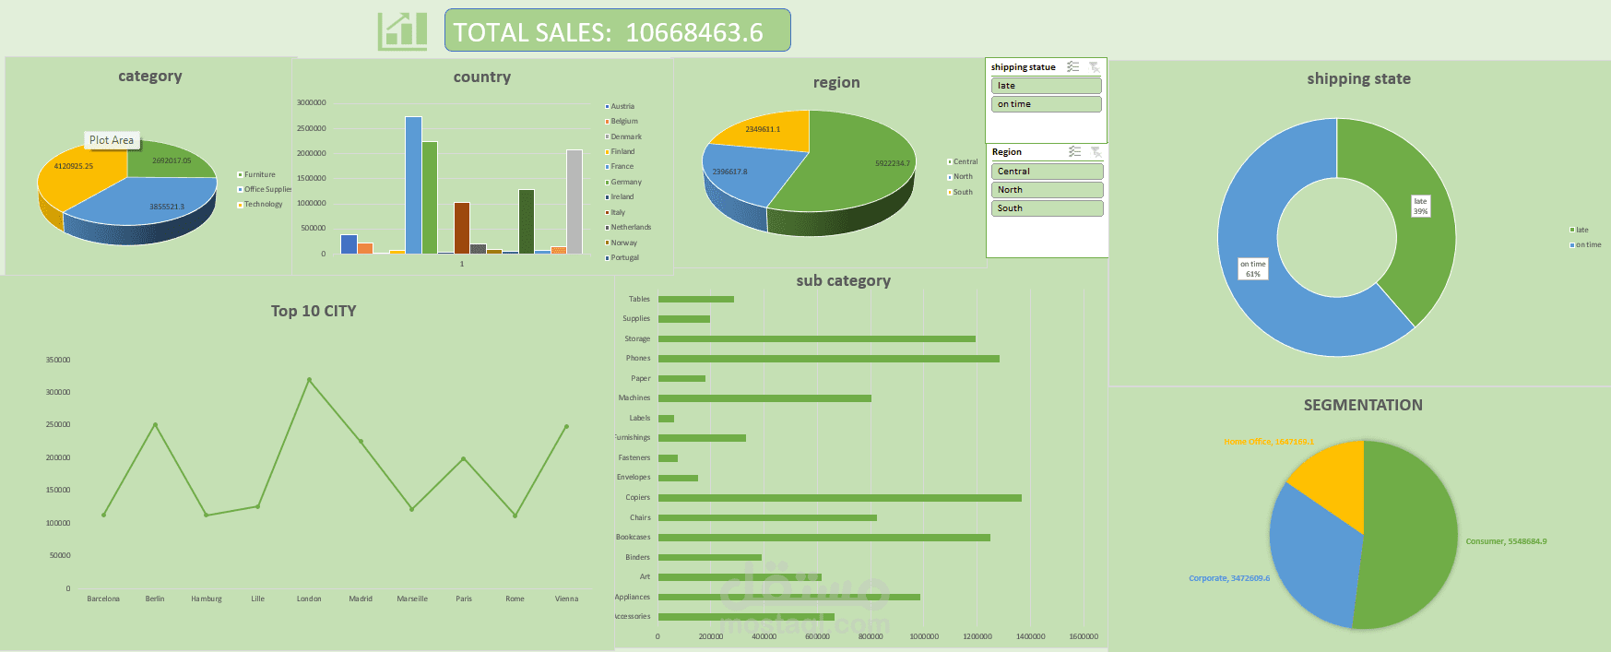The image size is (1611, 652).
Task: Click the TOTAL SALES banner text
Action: [x=608, y=32]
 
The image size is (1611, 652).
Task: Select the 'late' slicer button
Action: [x=1046, y=86]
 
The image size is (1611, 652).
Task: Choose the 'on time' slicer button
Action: [x=1046, y=104]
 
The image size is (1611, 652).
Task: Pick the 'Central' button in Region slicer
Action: [x=1046, y=172]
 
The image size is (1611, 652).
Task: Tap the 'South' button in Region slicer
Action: [x=1046, y=208]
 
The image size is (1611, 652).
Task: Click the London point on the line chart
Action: [x=309, y=379]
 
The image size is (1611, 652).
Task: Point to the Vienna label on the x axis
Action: [x=566, y=599]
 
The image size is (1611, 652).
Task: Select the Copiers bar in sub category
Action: [x=839, y=498]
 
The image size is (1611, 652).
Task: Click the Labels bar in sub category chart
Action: [x=666, y=419]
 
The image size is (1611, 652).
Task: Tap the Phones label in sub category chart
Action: [x=638, y=358]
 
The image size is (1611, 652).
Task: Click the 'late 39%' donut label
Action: [x=1420, y=206]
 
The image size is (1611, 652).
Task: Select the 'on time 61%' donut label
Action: [x=1253, y=268]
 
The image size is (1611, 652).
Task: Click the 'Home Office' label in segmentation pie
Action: [x=1268, y=442]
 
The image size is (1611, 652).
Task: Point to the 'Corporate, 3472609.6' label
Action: [x=1228, y=578]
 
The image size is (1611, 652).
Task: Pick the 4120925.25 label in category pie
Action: [x=73, y=166]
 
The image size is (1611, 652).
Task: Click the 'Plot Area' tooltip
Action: [x=112, y=140]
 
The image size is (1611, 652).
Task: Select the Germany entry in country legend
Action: [x=625, y=182]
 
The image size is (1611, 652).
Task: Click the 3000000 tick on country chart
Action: [x=311, y=102]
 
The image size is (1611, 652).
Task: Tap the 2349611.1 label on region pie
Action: [x=763, y=129]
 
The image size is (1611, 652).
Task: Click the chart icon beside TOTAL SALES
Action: [x=402, y=31]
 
